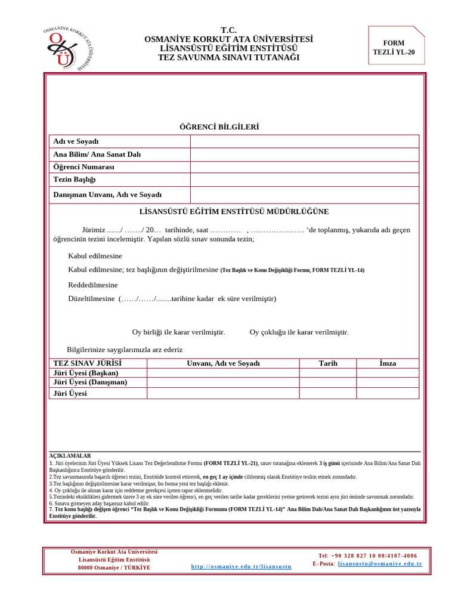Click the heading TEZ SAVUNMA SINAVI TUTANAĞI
pos(228,57)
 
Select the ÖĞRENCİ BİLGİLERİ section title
pos(219,127)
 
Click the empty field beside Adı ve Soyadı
pos(304,141)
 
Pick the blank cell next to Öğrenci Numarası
pos(304,167)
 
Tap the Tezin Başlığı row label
pos(75,180)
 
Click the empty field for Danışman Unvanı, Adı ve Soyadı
pos(304,195)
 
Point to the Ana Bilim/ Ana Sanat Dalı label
pos(97,155)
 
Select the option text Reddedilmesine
pos(93,285)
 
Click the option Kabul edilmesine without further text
pos(95,256)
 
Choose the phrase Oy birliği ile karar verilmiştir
pos(178,332)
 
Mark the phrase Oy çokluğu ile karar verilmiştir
pos(299,332)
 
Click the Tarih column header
pos(328,363)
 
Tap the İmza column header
pos(388,363)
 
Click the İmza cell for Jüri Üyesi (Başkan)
pos(388,373)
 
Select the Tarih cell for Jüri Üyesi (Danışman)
pos(328,382)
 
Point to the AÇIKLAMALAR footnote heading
pos(70,456)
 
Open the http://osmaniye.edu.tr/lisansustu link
pos(242,566)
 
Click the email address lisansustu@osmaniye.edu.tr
pos(380,564)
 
